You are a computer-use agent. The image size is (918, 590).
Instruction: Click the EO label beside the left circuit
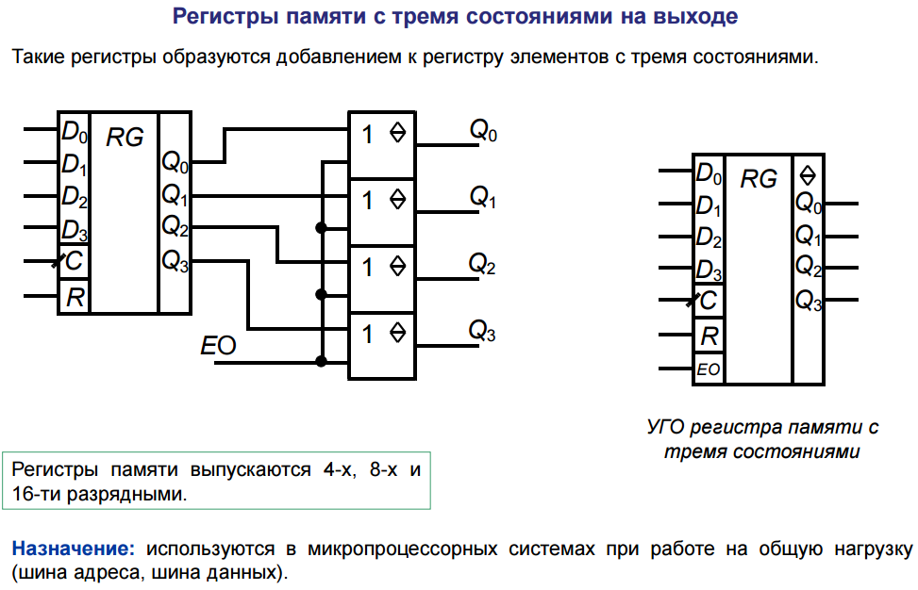pyautogui.click(x=218, y=345)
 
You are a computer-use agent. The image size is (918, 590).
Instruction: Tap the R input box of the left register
pyautogui.click(x=74, y=297)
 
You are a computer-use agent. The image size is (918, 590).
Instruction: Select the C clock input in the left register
pyautogui.click(x=74, y=261)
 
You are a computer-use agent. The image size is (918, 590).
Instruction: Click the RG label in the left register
pyautogui.click(x=125, y=138)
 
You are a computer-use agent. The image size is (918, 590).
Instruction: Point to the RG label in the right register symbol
pyautogui.click(x=759, y=179)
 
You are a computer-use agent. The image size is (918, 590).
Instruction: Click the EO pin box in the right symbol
pyautogui.click(x=709, y=369)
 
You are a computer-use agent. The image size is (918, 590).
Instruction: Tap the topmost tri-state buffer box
pyautogui.click(x=382, y=145)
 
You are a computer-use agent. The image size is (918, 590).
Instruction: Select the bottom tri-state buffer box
pyautogui.click(x=382, y=347)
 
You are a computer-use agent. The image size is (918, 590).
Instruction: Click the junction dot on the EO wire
pyautogui.click(x=321, y=361)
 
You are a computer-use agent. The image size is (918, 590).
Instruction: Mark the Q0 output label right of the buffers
pyautogui.click(x=483, y=130)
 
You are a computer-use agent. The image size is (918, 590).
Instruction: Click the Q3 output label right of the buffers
pyautogui.click(x=482, y=331)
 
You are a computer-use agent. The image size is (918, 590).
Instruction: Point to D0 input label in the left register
pyautogui.click(x=75, y=132)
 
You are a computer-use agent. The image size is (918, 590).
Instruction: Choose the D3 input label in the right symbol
pyautogui.click(x=709, y=270)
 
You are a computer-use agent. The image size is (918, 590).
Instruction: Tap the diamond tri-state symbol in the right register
pyautogui.click(x=808, y=175)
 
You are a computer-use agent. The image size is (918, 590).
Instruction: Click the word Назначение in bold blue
pyautogui.click(x=74, y=549)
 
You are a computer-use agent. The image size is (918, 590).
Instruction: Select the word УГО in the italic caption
pyautogui.click(x=666, y=427)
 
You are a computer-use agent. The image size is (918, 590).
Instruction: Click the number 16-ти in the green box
pyautogui.click(x=36, y=494)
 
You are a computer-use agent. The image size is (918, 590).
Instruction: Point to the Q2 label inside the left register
pyautogui.click(x=175, y=225)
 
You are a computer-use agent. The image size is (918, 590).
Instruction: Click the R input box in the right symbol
pyautogui.click(x=709, y=336)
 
